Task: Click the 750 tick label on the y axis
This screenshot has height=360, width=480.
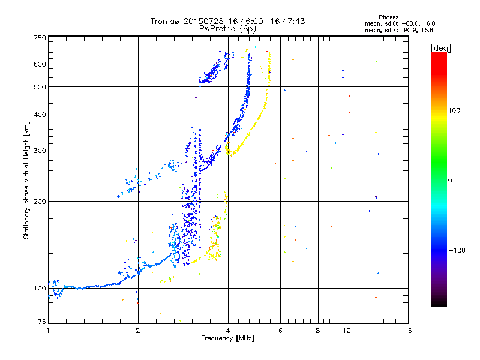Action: coord(40,37)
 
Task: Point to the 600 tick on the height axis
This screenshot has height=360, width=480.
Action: coord(40,64)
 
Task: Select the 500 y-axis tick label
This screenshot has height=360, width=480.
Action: coord(40,87)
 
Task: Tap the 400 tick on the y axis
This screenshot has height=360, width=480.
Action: coord(40,115)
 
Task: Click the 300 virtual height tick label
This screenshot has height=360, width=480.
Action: coord(40,151)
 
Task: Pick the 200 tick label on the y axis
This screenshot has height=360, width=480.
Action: coord(40,201)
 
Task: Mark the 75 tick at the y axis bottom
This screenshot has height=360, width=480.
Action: coord(41,323)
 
